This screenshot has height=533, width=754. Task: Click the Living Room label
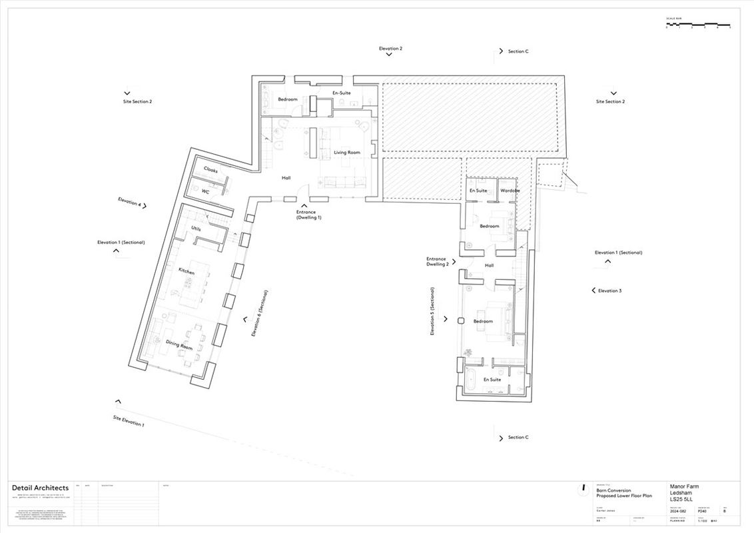click(346, 153)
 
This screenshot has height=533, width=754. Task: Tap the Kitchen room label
click(187, 271)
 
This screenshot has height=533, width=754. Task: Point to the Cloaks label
click(210, 171)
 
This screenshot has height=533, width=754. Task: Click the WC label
click(206, 191)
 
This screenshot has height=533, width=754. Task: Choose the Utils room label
click(196, 229)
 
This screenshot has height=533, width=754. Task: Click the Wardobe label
click(510, 191)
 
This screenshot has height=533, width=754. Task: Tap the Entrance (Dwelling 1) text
click(308, 215)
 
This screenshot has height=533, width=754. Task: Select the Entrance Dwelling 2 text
click(437, 261)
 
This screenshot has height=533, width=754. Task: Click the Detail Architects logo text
click(40, 488)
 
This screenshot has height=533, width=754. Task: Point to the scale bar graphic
click(698, 25)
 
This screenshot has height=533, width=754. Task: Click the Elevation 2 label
click(390, 49)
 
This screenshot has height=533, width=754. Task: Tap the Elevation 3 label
click(609, 290)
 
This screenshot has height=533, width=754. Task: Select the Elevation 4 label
click(129, 202)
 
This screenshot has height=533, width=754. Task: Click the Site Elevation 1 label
click(128, 420)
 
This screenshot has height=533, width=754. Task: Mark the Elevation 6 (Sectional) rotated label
click(259, 312)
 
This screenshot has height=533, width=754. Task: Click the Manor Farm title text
click(684, 487)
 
